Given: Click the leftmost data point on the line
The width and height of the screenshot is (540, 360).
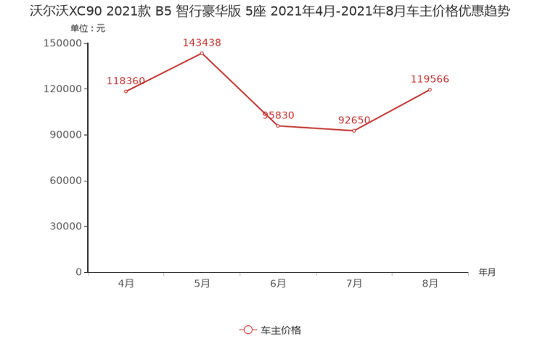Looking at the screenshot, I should tap(126, 91).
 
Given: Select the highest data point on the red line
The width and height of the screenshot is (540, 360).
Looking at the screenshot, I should tap(201, 52).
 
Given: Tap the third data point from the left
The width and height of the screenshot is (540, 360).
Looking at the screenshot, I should tap(278, 126).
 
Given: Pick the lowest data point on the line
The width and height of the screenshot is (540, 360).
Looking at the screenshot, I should tap(354, 131).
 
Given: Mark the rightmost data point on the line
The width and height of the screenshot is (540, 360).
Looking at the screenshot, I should tap(430, 89).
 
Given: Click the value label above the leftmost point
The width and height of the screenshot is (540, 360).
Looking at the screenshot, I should tap(126, 79).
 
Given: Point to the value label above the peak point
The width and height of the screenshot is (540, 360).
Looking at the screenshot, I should tap(201, 42).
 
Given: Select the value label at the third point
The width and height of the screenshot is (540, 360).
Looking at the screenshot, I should tap(278, 115).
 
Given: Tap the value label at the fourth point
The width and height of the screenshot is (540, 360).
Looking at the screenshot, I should tap(354, 118).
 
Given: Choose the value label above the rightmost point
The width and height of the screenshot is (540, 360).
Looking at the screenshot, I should tap(430, 78).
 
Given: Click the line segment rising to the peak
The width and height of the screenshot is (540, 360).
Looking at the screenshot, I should tap(163, 72).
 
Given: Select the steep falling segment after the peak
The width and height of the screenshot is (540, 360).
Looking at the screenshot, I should tap(240, 89).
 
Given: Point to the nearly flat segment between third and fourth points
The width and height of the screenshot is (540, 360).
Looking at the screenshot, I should tap(316, 128).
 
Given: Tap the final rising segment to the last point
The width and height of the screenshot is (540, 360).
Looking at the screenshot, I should tap(392, 110).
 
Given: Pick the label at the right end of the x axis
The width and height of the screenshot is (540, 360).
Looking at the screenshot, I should tap(487, 272).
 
